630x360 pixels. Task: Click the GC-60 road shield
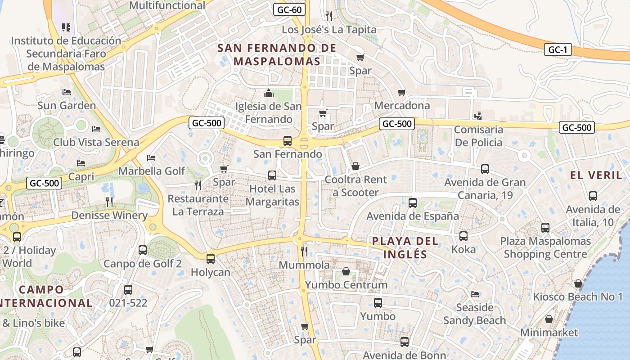point(289,9)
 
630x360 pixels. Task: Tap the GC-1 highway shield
point(558,49)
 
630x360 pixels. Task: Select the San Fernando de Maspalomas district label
point(277,54)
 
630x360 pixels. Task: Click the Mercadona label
point(402,105)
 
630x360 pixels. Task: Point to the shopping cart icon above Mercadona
point(402,92)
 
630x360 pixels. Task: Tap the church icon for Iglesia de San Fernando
point(269,93)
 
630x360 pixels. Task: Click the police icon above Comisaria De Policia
point(478,116)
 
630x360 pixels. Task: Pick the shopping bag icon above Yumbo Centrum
point(346,271)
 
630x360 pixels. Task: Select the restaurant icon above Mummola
point(304,251)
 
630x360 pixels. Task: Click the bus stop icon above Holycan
point(210,259)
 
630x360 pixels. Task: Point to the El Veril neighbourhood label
point(596,175)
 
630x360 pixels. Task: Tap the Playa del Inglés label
point(405,247)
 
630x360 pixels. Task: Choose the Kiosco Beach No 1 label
point(578,297)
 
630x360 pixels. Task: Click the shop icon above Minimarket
point(549,319)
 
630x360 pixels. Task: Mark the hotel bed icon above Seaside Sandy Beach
point(474,294)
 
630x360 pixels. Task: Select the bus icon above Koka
point(463,236)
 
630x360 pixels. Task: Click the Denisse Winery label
point(109,216)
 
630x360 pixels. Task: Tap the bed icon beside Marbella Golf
point(151,158)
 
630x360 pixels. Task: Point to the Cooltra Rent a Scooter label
point(355,186)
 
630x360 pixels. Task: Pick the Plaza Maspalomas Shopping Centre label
point(545,247)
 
